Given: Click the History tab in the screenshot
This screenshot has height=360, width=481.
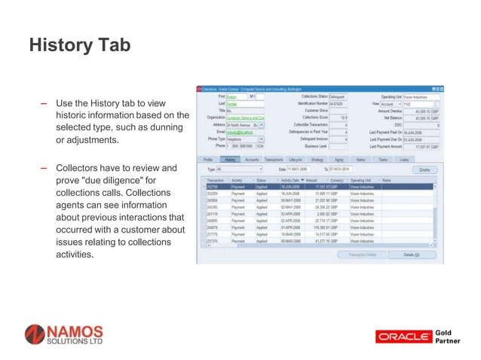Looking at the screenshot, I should pos(231,160).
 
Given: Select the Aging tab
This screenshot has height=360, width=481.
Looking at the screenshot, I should pos(339,160).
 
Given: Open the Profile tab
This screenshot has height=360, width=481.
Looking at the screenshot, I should pos(208,160).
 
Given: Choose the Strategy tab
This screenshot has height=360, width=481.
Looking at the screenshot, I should pos(317,160).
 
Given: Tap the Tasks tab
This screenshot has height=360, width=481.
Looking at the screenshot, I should pos(383,160).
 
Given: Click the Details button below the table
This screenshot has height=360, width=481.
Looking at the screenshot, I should pos(409,255).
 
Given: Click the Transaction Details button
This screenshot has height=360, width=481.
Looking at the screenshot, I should pos(361,255).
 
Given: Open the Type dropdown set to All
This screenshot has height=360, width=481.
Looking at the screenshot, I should pos(240,169).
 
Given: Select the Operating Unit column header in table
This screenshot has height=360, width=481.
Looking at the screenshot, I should pos(362,180).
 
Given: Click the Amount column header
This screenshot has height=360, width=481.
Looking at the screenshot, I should pos(312,180).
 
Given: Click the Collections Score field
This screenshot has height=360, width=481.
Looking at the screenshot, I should pos(338,117).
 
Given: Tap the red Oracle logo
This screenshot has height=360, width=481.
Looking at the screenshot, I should pos(403,336).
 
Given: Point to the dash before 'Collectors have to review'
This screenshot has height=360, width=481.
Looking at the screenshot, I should pos(44,168).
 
